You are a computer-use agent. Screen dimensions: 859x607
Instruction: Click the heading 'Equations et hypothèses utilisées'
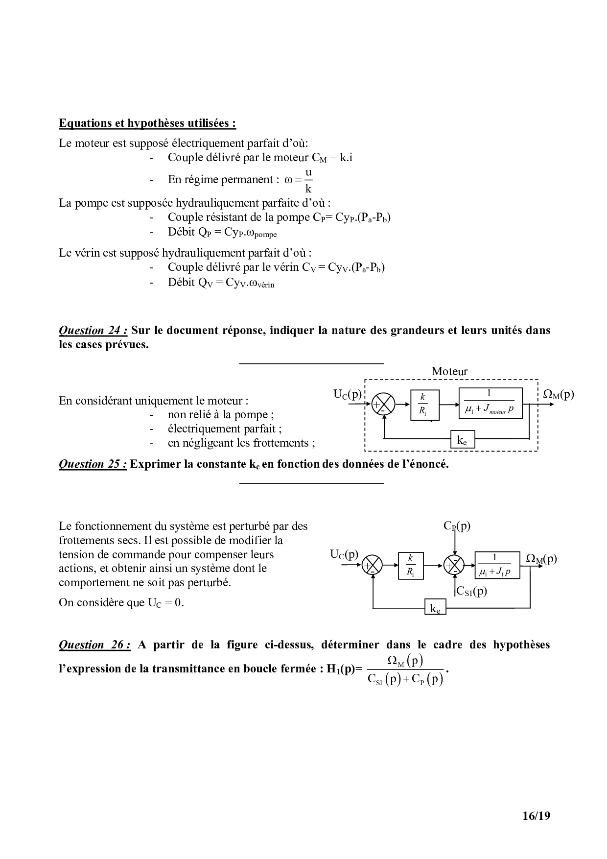(147, 123)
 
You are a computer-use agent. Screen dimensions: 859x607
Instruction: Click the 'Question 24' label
(93, 330)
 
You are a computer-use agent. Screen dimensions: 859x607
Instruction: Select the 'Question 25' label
(93, 464)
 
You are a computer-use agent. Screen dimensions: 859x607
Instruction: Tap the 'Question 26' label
(94, 645)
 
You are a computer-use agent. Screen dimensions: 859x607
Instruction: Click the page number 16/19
(536, 816)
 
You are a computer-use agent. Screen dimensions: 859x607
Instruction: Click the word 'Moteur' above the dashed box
(449, 371)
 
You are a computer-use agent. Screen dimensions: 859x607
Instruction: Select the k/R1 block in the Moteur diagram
(424, 405)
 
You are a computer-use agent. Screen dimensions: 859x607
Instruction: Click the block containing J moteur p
(490, 403)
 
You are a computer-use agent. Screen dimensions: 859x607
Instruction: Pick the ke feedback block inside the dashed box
(462, 440)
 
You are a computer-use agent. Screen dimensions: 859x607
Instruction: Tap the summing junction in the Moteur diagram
(383, 405)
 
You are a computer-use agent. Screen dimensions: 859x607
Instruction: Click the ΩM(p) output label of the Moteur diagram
(559, 394)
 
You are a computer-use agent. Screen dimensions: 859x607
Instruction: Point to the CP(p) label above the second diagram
(457, 526)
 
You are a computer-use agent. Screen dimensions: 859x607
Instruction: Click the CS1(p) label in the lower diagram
(471, 591)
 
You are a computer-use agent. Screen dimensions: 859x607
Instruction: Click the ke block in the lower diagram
(435, 608)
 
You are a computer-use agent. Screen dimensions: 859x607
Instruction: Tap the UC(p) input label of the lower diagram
(344, 554)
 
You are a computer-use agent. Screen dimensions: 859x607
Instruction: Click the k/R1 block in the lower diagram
(410, 566)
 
